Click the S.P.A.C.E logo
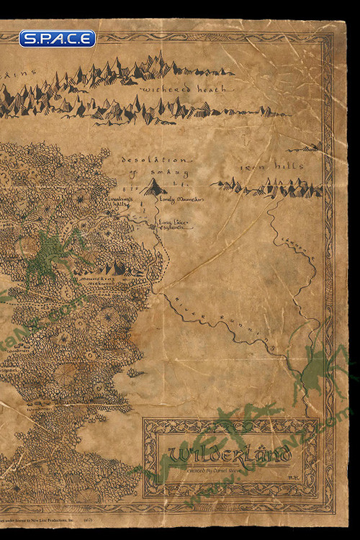57,39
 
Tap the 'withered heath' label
184,89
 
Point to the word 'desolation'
156,159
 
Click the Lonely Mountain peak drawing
152,188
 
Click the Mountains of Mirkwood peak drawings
108,269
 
